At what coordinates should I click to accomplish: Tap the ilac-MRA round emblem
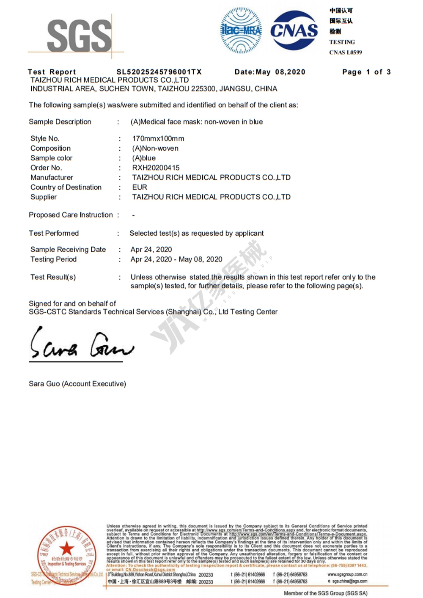pos(241,30)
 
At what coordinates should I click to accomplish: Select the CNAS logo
pos(294,30)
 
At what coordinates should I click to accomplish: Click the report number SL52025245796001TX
pos(159,72)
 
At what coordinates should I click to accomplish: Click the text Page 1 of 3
pos(366,72)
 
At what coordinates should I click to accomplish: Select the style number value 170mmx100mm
pos(158,138)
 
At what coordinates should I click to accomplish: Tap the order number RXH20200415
pos(156,168)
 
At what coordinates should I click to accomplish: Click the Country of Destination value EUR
pos(140,187)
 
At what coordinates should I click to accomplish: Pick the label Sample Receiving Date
pos(68,249)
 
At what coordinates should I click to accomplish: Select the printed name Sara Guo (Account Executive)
pos(77,383)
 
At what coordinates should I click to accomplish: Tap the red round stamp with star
pos(66,554)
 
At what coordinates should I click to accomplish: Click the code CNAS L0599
pos(346,52)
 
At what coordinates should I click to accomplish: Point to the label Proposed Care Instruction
pos(71,215)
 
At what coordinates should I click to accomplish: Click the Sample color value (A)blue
pos(144,158)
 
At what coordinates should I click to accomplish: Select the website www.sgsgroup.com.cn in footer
pos(347,574)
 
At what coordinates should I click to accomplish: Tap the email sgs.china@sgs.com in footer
pos(349,581)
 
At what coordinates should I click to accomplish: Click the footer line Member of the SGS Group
pos(325,593)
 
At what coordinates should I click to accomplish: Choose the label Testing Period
pos(53,259)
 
